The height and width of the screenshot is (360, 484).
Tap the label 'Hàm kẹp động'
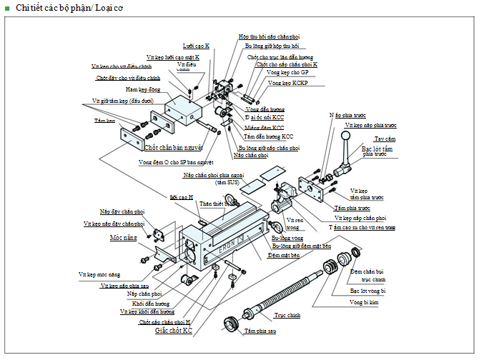(142, 89)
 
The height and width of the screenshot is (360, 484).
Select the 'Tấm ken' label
(104, 121)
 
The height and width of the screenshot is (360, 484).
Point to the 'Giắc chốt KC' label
(174, 331)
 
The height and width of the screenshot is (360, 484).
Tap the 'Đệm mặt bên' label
(285, 254)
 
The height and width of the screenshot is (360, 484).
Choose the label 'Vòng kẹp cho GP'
(287, 73)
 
